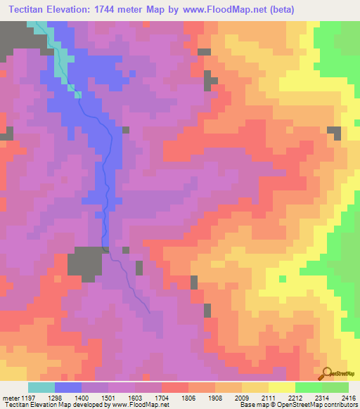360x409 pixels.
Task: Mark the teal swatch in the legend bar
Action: tap(41, 387)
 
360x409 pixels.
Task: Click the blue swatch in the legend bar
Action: tap(67, 387)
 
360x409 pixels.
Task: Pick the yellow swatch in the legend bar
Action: tap(281, 387)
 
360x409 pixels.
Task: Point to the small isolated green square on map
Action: tap(283, 279)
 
